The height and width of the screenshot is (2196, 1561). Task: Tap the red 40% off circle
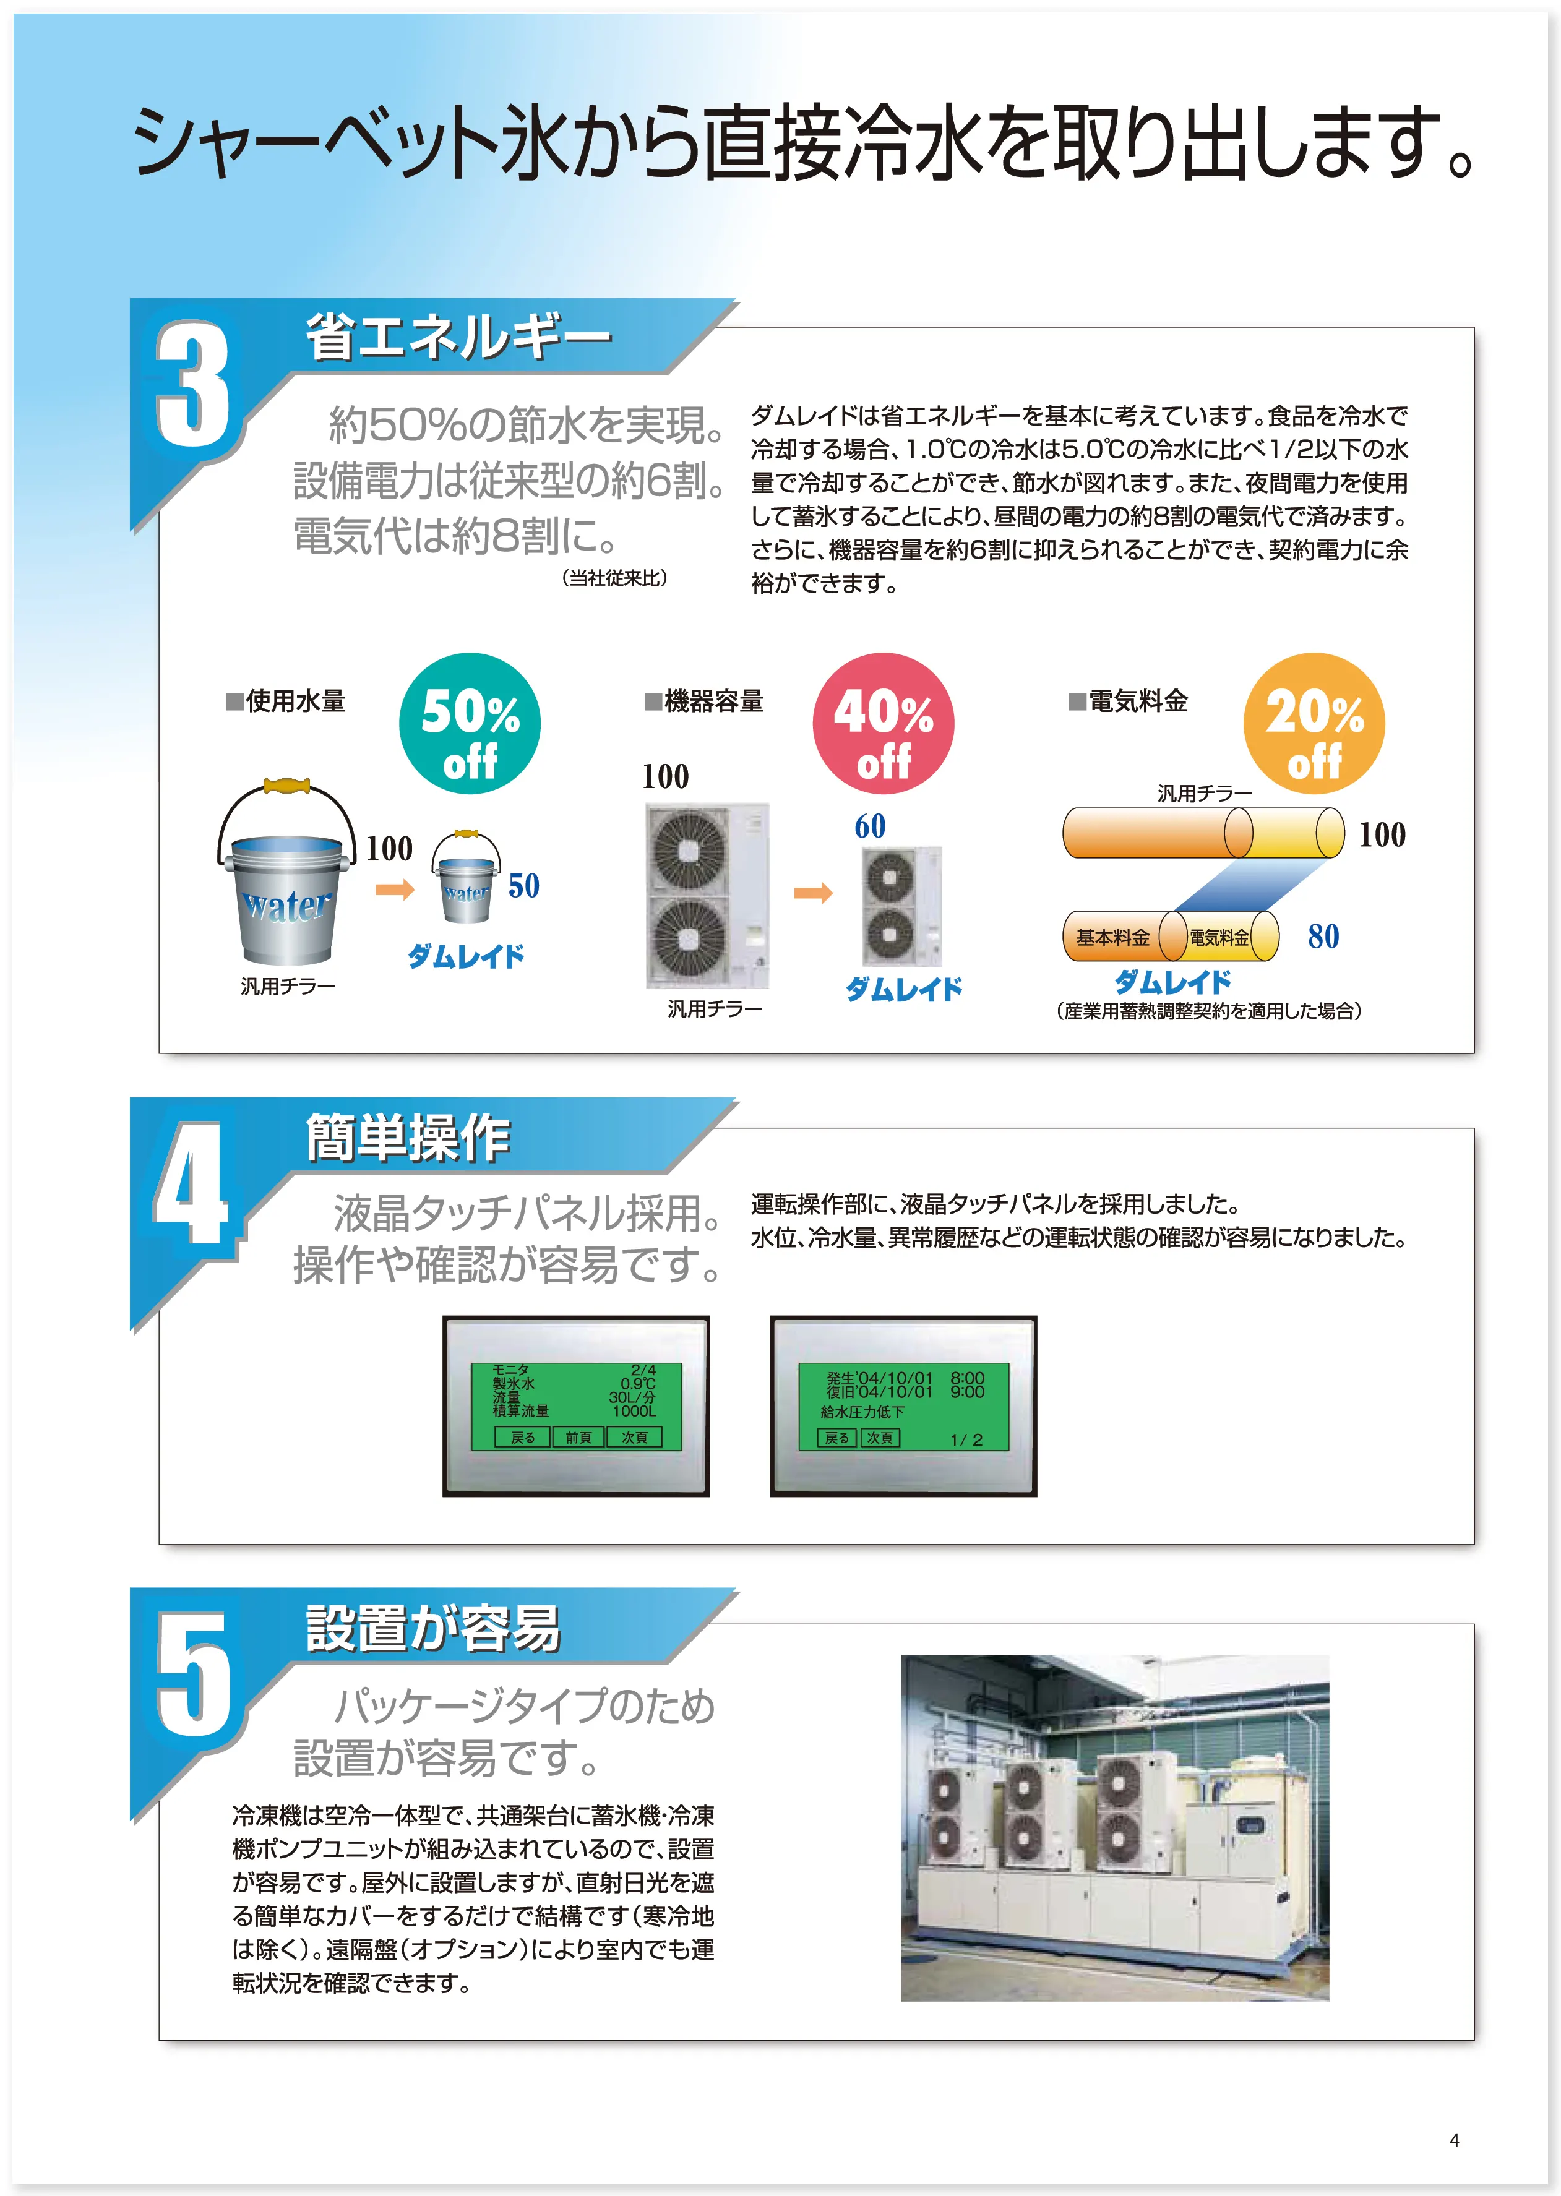tap(884, 724)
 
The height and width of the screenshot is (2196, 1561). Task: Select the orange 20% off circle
tap(1314, 724)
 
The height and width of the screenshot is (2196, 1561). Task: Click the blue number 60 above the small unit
tap(870, 826)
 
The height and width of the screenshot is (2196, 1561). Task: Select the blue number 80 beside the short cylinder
tap(1323, 936)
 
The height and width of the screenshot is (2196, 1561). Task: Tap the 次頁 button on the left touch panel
tap(634, 1438)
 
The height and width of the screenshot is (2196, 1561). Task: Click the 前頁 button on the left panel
tap(578, 1438)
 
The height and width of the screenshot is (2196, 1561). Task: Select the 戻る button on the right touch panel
tap(837, 1438)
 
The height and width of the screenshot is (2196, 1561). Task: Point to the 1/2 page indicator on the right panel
tap(966, 1439)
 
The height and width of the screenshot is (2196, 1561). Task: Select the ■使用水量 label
tap(285, 701)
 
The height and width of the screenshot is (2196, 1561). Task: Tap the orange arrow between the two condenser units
tap(813, 894)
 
